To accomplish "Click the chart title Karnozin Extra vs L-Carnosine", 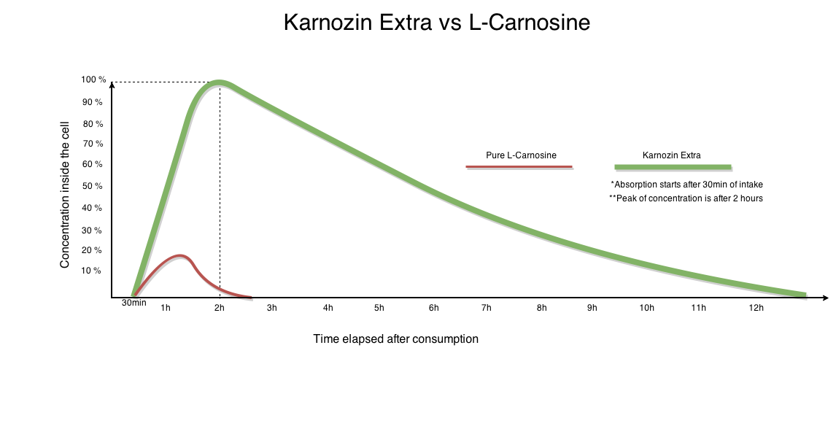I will [x=436, y=23].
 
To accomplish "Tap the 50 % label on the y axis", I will [x=92, y=187].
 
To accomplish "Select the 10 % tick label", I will [x=92, y=271].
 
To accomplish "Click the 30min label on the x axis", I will [x=133, y=303].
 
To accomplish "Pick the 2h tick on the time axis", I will [x=219, y=308].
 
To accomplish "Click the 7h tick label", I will [x=486, y=308].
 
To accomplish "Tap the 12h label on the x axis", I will [x=756, y=308].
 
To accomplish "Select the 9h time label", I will [x=592, y=308].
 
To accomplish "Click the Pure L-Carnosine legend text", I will [x=521, y=155].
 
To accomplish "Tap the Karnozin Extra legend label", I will [x=671, y=155].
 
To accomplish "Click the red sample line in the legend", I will [x=519, y=167].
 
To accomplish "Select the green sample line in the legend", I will [x=673, y=166].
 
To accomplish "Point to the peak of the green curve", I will [x=219, y=83].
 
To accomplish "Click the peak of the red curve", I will [x=180, y=256].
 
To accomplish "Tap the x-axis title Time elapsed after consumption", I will [x=395, y=338].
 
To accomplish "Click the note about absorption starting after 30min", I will [x=686, y=185].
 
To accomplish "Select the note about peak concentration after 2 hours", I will [x=686, y=198].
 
